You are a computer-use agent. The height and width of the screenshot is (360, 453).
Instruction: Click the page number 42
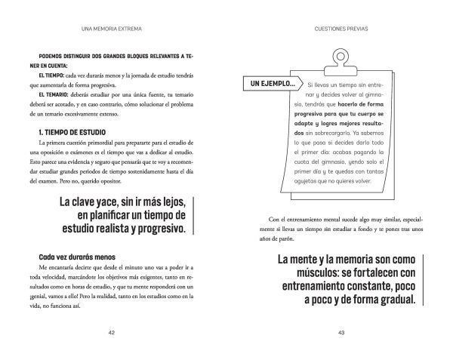coord(112,332)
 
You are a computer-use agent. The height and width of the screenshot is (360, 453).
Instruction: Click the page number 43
coord(340,332)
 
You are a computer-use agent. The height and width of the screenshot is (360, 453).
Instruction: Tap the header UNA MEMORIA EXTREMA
coord(112,30)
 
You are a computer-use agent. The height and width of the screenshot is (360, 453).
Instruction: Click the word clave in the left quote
coord(86,204)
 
